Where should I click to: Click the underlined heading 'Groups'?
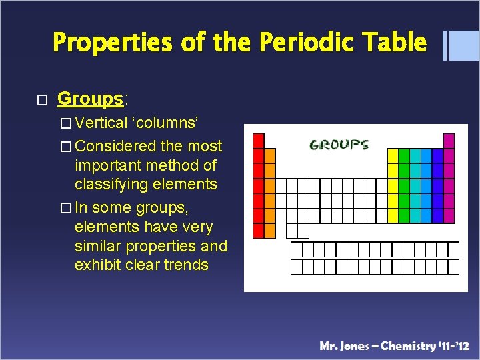click(91, 99)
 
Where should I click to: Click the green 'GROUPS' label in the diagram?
click(339, 144)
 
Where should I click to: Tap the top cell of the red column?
click(259, 141)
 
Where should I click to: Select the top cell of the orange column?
click(269, 155)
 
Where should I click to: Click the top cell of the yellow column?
click(393, 155)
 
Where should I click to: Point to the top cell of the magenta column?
click(449, 141)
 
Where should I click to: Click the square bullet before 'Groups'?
click(42, 100)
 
